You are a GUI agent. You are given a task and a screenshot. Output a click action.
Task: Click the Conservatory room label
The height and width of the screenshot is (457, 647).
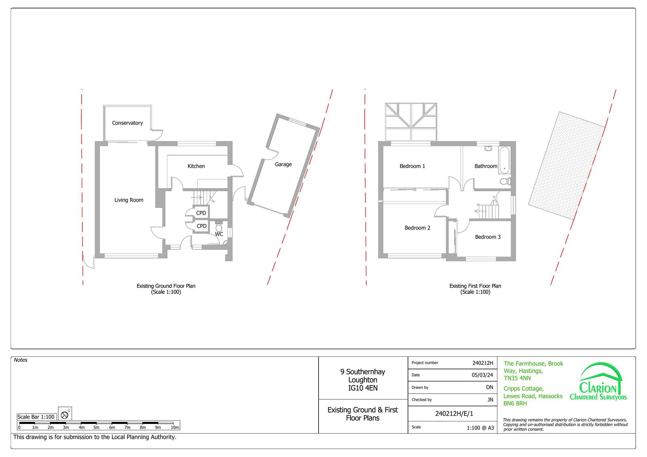[x=127, y=123]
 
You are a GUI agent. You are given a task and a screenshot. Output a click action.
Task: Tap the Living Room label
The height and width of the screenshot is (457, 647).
[x=129, y=200]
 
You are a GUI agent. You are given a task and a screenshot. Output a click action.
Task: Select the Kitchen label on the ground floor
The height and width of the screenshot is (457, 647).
[x=196, y=166]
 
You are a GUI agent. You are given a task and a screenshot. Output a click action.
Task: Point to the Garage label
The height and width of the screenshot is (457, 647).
[x=283, y=164]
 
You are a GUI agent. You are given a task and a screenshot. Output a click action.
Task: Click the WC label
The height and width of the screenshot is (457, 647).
[x=219, y=234]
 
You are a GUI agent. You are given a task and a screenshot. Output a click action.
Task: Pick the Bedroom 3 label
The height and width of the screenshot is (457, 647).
[x=488, y=237]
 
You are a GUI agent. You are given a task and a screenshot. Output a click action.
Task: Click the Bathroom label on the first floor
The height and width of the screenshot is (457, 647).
[x=486, y=166]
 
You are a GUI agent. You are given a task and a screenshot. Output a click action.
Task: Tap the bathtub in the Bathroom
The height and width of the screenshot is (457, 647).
[x=505, y=160]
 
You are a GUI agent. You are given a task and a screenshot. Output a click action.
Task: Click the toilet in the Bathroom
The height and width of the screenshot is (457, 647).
[x=505, y=181]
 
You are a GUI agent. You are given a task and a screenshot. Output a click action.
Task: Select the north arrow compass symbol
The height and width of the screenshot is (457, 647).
[x=65, y=415]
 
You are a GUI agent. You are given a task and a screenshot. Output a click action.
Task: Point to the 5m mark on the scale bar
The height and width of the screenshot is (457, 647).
[x=96, y=427]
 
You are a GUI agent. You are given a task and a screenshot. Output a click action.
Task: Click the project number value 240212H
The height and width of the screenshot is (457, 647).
[x=483, y=363]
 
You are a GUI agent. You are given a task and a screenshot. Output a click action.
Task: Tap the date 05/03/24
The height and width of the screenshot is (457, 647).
[x=482, y=375]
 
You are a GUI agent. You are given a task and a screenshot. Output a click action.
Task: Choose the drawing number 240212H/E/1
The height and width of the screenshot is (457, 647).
[x=454, y=414]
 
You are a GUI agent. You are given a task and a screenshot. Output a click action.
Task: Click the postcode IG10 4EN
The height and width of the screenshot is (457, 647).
[x=363, y=388]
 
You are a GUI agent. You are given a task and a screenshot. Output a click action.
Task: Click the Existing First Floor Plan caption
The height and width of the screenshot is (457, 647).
[x=475, y=286]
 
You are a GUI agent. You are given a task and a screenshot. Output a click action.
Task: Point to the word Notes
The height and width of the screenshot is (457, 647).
[x=21, y=360]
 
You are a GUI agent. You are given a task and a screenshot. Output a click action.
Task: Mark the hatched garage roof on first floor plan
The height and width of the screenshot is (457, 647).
[x=567, y=166]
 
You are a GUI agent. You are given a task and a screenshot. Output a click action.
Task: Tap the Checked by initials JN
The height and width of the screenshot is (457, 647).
[x=490, y=400]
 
